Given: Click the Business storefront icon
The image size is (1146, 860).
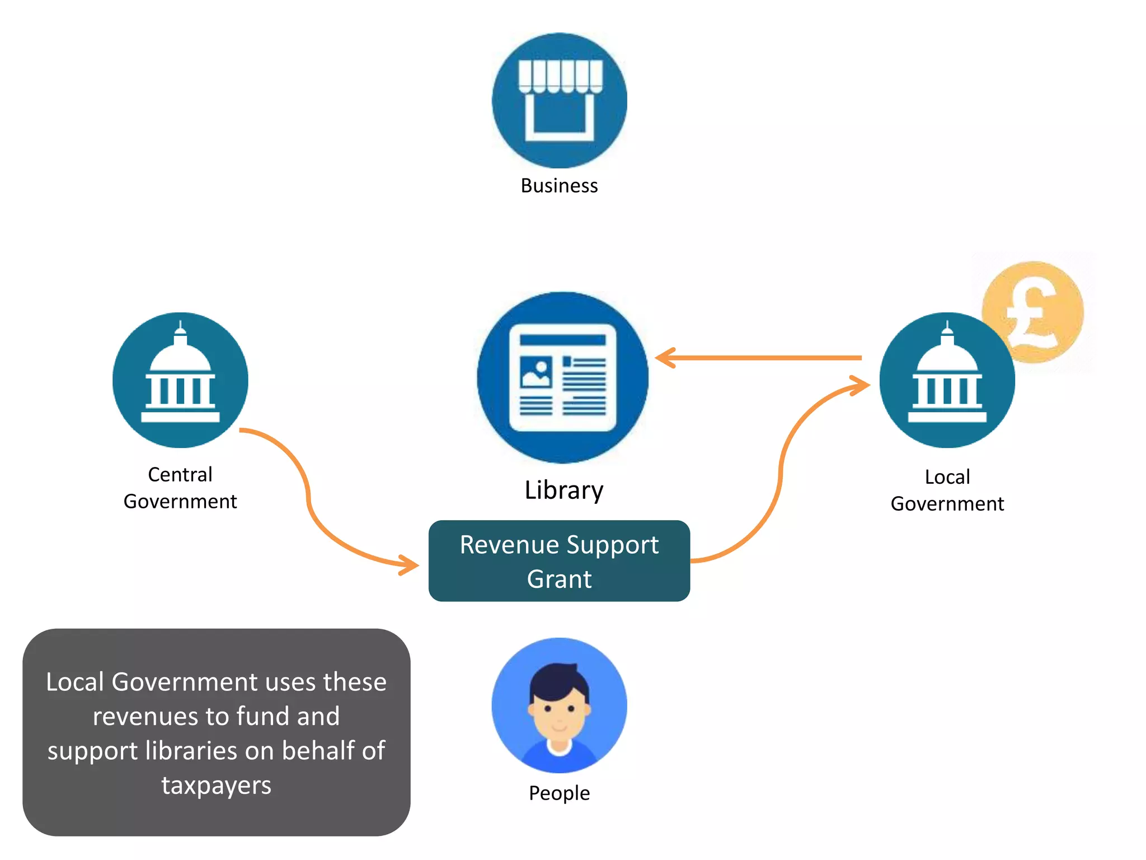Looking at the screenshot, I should tap(559, 101).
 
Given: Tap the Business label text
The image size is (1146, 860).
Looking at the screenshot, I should tap(559, 186).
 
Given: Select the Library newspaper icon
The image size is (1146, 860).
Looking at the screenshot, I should tap(562, 377).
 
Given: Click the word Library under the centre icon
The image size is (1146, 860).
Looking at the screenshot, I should tap(563, 490).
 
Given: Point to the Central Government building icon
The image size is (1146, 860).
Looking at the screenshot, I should tap(180, 380).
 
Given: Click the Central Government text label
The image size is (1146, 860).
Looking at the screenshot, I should tap(180, 488).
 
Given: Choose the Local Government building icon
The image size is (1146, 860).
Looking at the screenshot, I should tap(947, 380).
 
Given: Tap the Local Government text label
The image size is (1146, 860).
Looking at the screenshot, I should tap(947, 490).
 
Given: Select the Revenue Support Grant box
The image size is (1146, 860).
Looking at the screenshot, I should tap(559, 561).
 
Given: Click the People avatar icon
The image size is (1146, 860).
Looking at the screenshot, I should tap(559, 705).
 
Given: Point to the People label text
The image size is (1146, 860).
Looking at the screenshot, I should tap(559, 793).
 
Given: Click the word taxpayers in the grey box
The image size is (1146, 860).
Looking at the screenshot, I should tap(216, 785).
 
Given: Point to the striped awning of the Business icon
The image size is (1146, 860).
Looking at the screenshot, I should tap(560, 76).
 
